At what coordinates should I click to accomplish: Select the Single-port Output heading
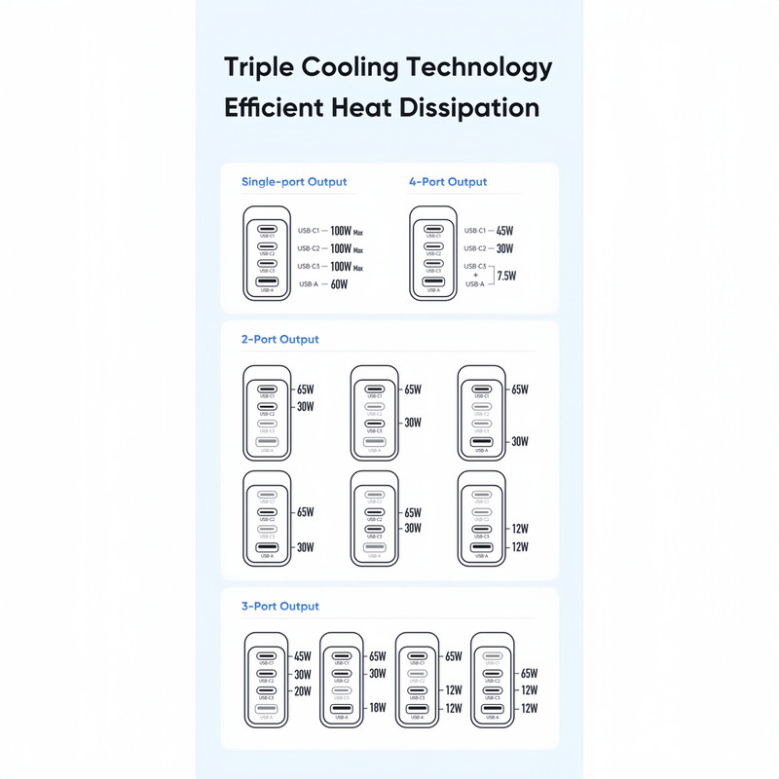coord(294,182)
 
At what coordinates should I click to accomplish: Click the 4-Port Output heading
coord(447,182)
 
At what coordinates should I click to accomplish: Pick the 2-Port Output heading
coord(279,340)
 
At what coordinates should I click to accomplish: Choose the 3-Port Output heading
coord(279,607)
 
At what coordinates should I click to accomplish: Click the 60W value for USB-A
coord(339,285)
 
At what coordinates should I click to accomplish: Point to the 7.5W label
coord(505,276)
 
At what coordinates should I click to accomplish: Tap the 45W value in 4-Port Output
coord(504,232)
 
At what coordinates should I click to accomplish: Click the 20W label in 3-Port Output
coord(302,692)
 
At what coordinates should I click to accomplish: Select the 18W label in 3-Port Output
coord(376,708)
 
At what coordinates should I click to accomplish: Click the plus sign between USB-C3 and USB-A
coord(475,275)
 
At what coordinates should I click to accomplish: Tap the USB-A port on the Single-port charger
coord(266,282)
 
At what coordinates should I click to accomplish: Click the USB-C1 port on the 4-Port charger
coord(433,229)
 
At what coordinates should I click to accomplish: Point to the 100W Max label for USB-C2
coord(346,249)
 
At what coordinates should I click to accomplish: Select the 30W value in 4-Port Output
coord(504,249)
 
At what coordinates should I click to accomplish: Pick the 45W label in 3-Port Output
coord(302,656)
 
